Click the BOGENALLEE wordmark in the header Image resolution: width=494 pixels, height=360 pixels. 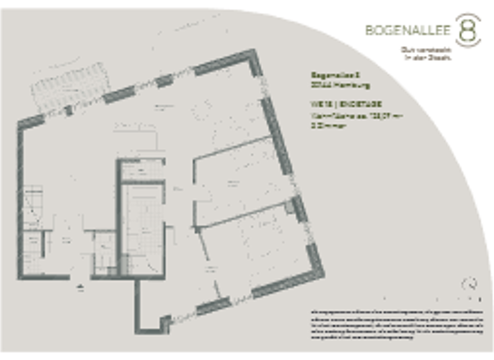point(408,30)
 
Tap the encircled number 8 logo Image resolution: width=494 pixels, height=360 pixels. point(468,30)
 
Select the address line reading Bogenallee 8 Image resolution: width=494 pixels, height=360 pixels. point(331,75)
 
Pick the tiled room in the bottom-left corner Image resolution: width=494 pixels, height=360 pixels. point(32,254)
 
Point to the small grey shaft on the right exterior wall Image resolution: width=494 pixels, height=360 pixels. point(298,207)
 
